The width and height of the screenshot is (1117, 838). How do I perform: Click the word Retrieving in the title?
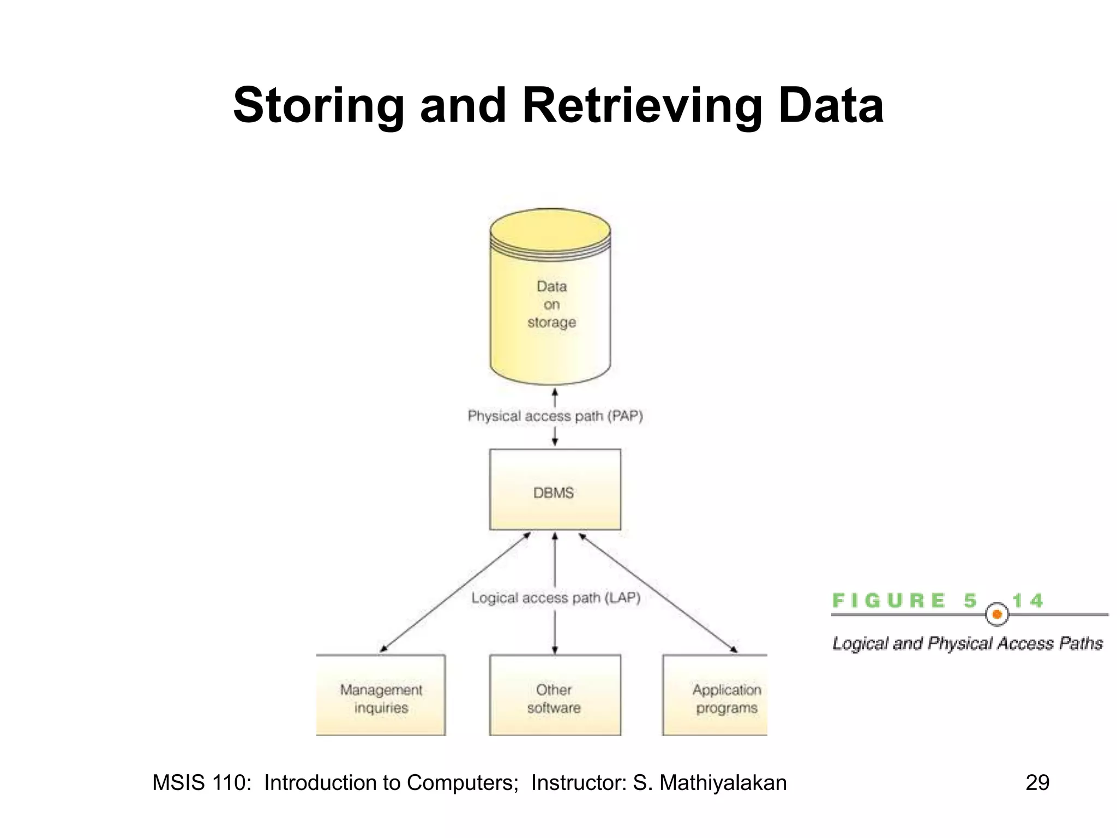642,106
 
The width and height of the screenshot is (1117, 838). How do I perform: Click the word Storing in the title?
319,106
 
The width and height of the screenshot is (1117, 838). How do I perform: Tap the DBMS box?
555,489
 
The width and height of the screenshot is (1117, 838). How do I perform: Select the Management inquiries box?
381,695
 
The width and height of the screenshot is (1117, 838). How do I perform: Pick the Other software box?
555,695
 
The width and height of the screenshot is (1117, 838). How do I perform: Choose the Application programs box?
714,695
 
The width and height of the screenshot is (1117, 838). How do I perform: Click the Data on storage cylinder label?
551,304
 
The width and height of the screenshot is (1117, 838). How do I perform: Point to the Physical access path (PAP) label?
555,416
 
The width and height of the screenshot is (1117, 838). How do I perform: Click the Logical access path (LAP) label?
555,598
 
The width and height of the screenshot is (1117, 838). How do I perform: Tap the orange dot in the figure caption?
997,615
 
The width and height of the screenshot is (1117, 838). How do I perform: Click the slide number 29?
1037,782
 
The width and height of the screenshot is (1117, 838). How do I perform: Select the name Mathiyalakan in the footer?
723,782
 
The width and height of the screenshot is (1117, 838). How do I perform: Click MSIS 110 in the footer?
201,782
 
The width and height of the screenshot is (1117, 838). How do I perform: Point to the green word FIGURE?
888,601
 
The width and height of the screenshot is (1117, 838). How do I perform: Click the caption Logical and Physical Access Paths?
967,644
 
